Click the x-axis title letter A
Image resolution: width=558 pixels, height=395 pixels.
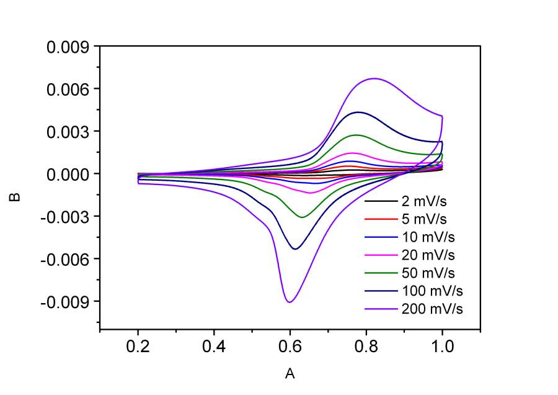(x=289, y=374)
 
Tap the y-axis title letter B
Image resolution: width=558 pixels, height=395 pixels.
(x=16, y=197)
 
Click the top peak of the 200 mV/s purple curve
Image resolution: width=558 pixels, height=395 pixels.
(x=374, y=78)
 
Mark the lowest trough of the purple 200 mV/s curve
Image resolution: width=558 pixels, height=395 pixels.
(x=289, y=302)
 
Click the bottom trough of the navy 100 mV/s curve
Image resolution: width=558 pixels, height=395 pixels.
(x=296, y=249)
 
